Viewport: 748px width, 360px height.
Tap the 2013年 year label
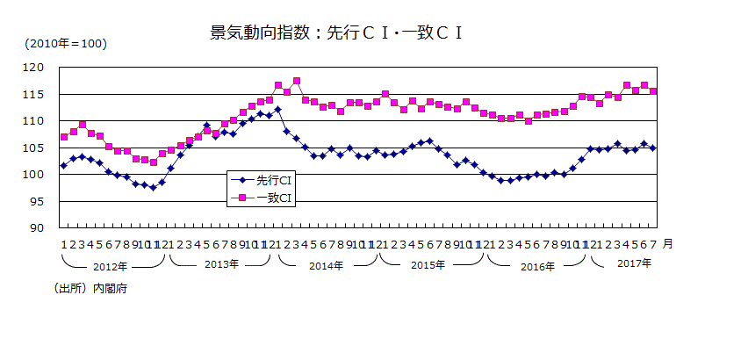click(221, 265)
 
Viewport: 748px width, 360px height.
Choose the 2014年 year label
click(326, 265)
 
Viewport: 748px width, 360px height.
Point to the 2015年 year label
click(429, 265)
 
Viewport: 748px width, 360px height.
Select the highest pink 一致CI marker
click(297, 81)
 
